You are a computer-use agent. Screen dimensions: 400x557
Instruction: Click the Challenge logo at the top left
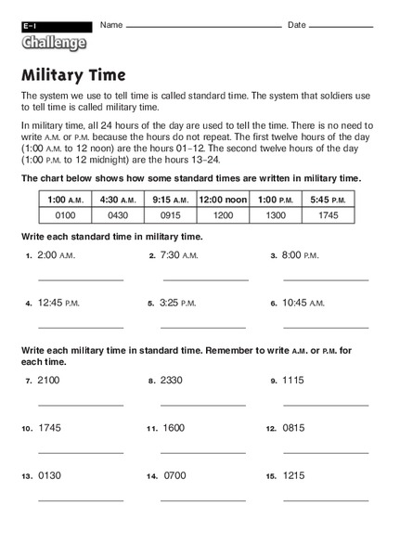point(54,41)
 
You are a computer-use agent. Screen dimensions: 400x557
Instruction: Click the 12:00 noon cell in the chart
point(222,199)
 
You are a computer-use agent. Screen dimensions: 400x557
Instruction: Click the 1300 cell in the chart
point(274,214)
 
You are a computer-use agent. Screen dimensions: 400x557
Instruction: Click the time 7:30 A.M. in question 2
point(180,254)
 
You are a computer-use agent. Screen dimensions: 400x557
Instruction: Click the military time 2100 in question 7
point(49,380)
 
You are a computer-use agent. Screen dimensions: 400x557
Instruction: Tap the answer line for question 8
point(202,404)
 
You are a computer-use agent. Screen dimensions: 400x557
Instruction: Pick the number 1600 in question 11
point(174,428)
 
